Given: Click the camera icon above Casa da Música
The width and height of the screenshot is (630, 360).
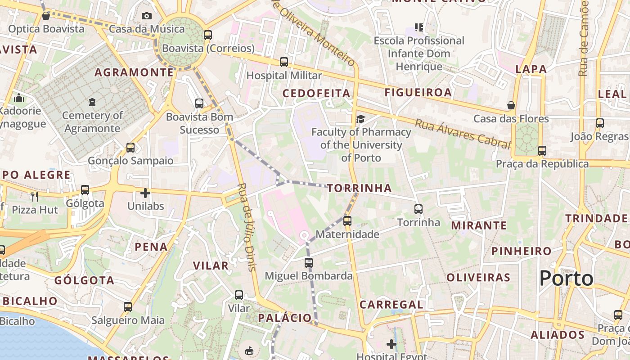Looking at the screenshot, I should [147, 16].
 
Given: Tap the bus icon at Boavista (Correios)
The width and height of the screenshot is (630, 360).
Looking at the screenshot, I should [207, 35].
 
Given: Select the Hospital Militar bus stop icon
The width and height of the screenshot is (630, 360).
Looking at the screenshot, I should [283, 62].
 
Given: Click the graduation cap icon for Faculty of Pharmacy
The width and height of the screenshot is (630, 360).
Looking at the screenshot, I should [360, 119].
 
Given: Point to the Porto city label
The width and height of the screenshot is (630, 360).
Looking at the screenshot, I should [566, 278].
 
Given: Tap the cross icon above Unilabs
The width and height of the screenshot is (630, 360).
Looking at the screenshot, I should [145, 193].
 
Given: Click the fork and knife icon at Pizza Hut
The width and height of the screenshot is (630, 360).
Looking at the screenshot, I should [34, 197].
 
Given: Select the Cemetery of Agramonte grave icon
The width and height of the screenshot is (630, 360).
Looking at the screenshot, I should [92, 102].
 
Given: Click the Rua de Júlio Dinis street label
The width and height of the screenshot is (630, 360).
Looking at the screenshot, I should [247, 227].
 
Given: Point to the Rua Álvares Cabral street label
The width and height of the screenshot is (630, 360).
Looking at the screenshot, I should [463, 134].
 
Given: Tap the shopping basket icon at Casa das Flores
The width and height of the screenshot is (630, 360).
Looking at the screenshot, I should [511, 105].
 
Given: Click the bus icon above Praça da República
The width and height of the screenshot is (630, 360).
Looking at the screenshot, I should [542, 150].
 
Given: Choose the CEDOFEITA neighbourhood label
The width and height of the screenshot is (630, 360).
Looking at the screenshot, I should [316, 93].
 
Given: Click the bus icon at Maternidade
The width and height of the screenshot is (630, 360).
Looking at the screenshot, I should [347, 220].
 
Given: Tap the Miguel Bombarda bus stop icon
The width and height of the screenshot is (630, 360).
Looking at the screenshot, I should [308, 262].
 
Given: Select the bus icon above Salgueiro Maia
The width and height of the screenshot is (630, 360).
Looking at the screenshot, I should [128, 307].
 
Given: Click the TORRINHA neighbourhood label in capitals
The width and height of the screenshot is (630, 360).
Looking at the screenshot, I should [360, 188].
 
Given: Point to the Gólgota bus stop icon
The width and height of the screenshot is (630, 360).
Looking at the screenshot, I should [85, 190].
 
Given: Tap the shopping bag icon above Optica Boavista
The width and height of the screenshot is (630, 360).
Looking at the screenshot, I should [45, 16].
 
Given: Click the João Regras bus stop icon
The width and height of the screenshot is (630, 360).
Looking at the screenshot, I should [599, 123].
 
